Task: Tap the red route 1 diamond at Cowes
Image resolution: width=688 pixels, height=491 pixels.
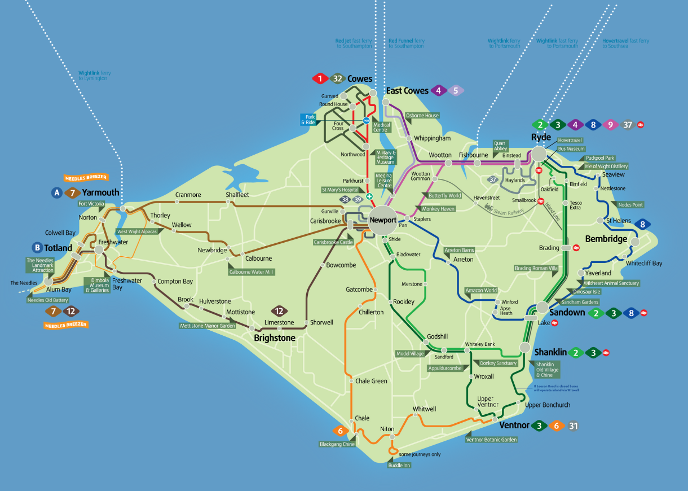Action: (x=320, y=78)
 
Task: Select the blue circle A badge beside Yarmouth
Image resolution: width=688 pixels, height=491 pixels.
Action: (x=56, y=192)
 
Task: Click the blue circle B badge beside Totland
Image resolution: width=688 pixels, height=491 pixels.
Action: (x=38, y=247)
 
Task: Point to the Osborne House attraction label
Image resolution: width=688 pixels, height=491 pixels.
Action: (x=422, y=116)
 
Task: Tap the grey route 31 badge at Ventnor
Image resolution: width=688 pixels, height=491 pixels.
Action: (x=573, y=426)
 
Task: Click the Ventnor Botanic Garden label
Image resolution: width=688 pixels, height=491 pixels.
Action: (x=491, y=439)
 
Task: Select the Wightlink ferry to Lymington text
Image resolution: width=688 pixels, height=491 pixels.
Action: (x=92, y=76)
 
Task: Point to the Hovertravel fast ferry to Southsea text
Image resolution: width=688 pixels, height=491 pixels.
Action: (x=625, y=43)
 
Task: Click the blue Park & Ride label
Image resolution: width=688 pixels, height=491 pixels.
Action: (x=308, y=119)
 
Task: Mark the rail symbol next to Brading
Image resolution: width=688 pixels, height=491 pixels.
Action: (x=576, y=247)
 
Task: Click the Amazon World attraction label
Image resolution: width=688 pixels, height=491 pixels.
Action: (x=481, y=290)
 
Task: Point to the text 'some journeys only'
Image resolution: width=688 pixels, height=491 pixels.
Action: (x=420, y=454)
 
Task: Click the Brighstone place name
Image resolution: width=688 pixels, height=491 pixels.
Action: (x=275, y=337)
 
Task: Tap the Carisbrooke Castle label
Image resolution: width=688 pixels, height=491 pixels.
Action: (x=333, y=242)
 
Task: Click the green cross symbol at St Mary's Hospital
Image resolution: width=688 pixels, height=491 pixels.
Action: (x=369, y=196)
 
